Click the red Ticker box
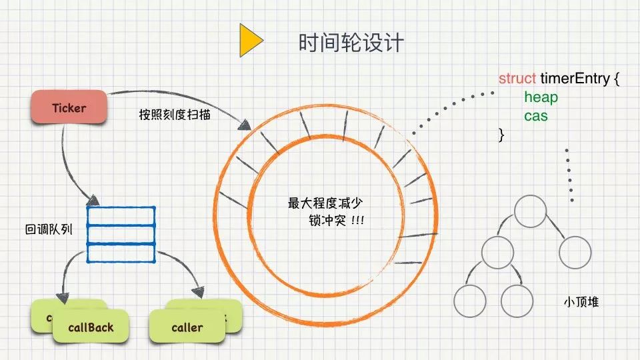click(x=69, y=107)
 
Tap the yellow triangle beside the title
click(x=250, y=41)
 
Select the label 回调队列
click(x=48, y=229)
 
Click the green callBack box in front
click(x=91, y=327)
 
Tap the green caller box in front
click(x=187, y=327)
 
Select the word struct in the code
click(x=517, y=79)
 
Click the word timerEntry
click(x=575, y=79)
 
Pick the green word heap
click(x=541, y=97)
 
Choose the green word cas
click(x=536, y=116)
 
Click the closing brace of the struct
click(x=501, y=135)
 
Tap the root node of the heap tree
click(x=531, y=211)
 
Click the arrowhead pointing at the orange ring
click(x=244, y=124)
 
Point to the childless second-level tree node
click(x=575, y=253)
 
